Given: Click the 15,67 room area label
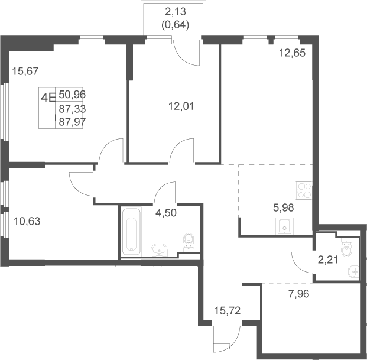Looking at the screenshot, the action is [x=25, y=71].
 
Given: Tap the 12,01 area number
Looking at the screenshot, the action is [x=181, y=106].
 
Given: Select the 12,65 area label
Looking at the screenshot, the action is [x=293, y=53].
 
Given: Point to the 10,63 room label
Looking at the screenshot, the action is [x=27, y=221].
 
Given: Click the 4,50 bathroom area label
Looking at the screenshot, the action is [x=166, y=213].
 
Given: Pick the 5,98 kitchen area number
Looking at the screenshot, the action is [x=284, y=207].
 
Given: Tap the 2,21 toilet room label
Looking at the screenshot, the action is [x=328, y=260].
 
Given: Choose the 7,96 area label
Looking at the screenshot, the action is [x=299, y=294].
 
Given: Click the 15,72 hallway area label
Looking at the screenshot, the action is [x=228, y=311].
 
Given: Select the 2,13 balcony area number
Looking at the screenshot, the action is [x=176, y=11].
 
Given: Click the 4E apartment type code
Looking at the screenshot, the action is [x=48, y=98].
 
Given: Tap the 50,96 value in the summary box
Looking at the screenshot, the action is [x=72, y=95].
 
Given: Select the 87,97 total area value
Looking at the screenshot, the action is [x=72, y=122].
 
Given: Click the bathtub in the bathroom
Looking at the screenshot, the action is [x=131, y=231].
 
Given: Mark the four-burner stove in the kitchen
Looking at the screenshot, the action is [x=304, y=190].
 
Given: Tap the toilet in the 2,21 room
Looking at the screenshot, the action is [x=346, y=248].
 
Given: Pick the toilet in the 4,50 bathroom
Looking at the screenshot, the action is [x=189, y=242].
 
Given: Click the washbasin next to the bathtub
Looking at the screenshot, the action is [x=160, y=250].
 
